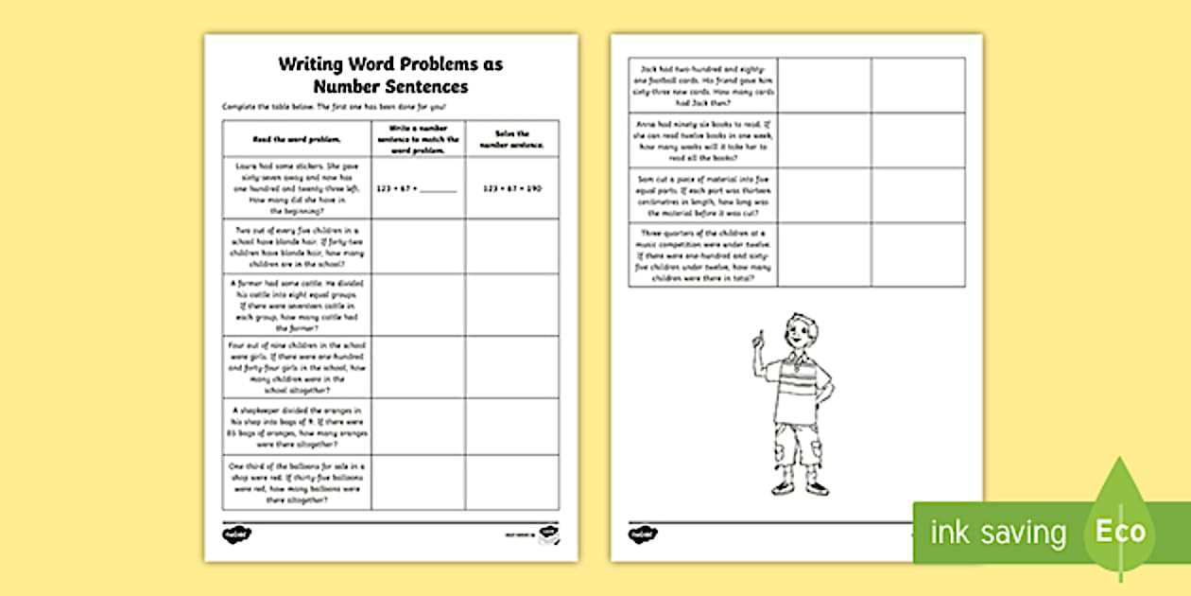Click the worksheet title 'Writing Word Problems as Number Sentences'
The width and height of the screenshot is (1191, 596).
point(390,76)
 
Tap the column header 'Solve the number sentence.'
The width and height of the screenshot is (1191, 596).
point(511,138)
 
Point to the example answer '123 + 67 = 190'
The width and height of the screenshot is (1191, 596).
point(511,188)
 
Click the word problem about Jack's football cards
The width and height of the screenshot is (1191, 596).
point(703,85)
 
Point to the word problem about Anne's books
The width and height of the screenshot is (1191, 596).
point(703,140)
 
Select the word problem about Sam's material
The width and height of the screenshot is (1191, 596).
point(703,195)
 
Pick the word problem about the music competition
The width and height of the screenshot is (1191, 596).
point(703,254)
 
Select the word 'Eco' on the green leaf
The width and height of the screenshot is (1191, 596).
point(1120,531)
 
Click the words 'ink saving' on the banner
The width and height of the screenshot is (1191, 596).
point(998,532)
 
